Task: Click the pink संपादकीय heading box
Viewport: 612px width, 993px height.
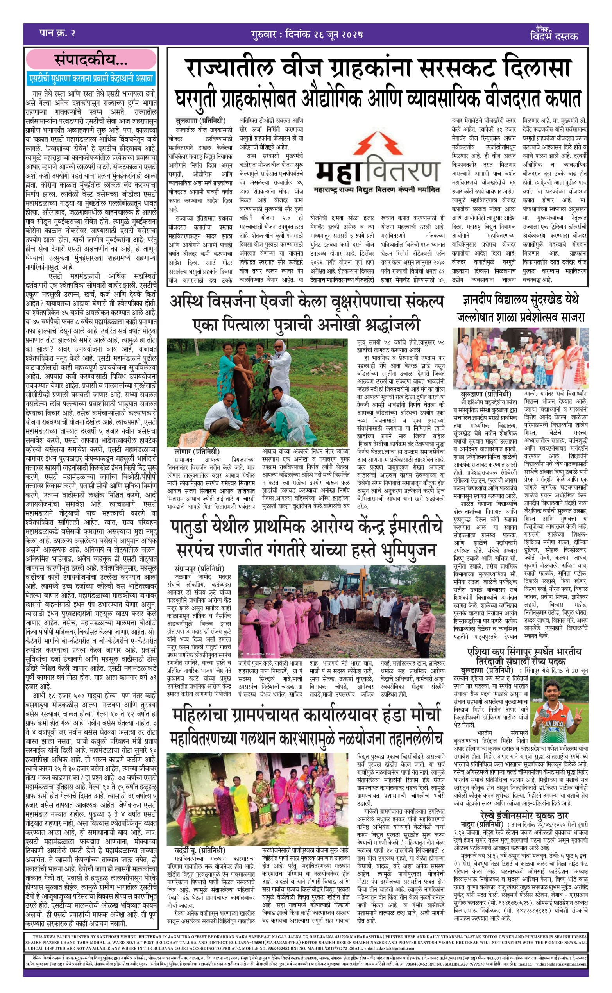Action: [91, 59]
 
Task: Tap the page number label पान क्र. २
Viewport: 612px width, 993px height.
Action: [57, 33]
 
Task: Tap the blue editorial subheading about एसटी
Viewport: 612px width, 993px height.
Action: [91, 78]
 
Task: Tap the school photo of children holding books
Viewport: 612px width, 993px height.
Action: [521, 358]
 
